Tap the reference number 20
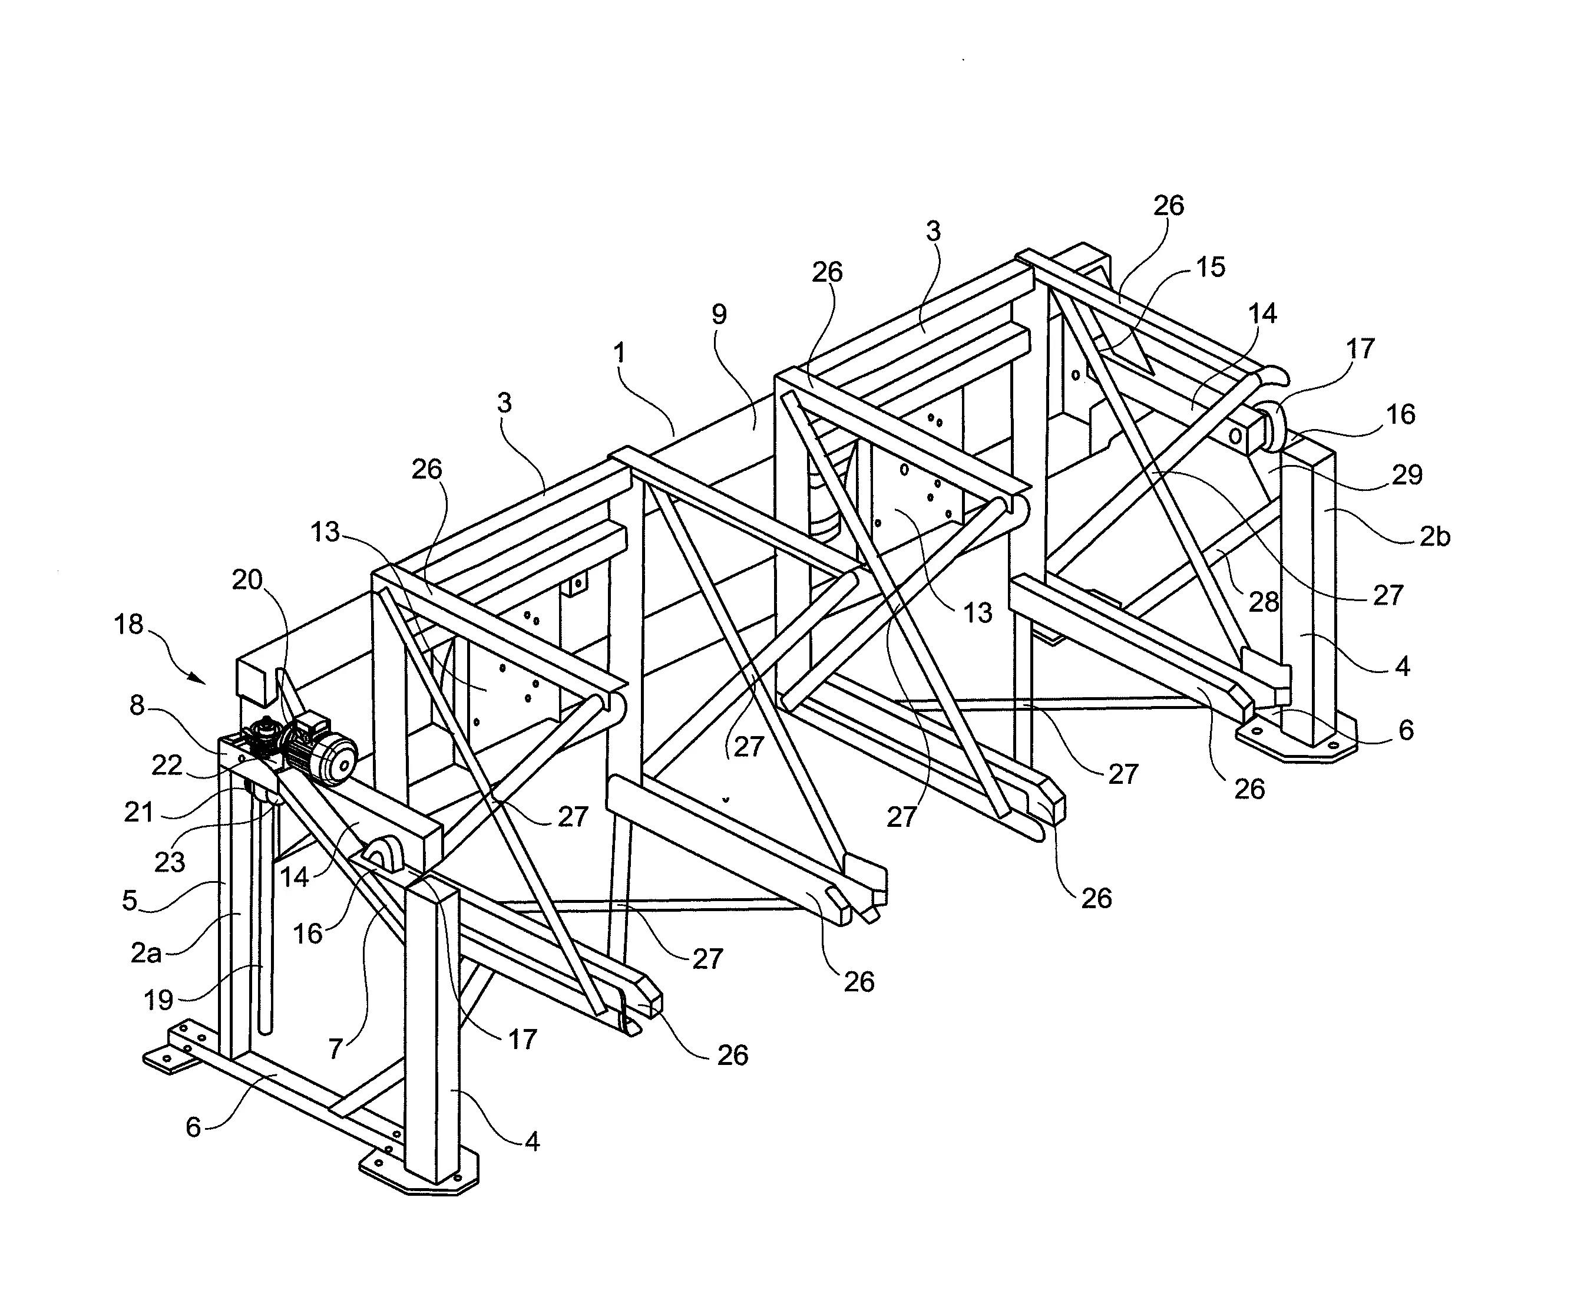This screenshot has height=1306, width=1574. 247,579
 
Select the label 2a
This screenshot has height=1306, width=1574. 147,953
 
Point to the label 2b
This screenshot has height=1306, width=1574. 1434,536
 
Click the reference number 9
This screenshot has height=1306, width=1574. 719,314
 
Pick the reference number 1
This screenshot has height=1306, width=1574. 619,352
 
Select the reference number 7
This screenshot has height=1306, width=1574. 335,1048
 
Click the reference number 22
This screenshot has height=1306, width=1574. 166,765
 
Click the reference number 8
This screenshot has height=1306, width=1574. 137,705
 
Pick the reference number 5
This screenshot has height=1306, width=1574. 130,901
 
